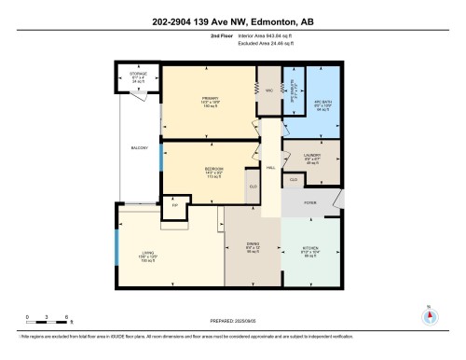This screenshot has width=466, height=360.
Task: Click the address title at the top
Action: pyautogui.click(x=232, y=21)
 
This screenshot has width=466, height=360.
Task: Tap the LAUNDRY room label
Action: pyautogui.click(x=312, y=158)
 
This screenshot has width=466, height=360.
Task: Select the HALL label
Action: pyautogui.click(x=270, y=168)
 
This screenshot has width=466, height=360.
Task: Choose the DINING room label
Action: pyautogui.click(x=252, y=249)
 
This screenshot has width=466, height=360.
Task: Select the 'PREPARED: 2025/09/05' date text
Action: pyautogui.click(x=232, y=321)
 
